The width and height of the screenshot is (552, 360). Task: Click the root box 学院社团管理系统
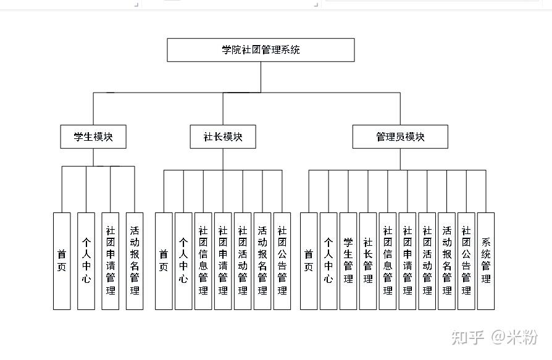[261, 50]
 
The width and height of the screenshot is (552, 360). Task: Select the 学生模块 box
[93, 137]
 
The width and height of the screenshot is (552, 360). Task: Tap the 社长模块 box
[223, 137]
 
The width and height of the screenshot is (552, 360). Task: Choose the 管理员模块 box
[400, 137]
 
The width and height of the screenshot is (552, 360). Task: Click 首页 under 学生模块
[62, 261]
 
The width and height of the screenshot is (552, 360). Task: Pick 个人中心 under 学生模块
[86, 261]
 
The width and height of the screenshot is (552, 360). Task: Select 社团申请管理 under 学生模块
[111, 261]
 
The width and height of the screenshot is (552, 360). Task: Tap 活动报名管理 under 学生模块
[135, 261]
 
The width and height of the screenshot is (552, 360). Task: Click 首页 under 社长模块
[164, 261]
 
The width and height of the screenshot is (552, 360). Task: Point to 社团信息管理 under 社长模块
[203, 261]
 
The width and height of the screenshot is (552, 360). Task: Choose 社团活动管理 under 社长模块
[243, 261]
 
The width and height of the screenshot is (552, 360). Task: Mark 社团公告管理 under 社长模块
[282, 261]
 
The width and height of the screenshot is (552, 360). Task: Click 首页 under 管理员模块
[309, 261]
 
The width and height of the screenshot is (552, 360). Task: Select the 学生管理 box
[348, 261]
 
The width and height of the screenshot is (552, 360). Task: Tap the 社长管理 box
[368, 261]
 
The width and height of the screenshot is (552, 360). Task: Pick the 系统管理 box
[486, 261]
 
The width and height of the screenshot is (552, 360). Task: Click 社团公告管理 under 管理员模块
[466, 261]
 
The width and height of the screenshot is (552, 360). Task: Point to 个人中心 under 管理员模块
[328, 261]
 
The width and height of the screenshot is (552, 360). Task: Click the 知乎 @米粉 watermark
[493, 337]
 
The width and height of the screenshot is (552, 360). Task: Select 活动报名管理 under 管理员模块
[446, 261]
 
